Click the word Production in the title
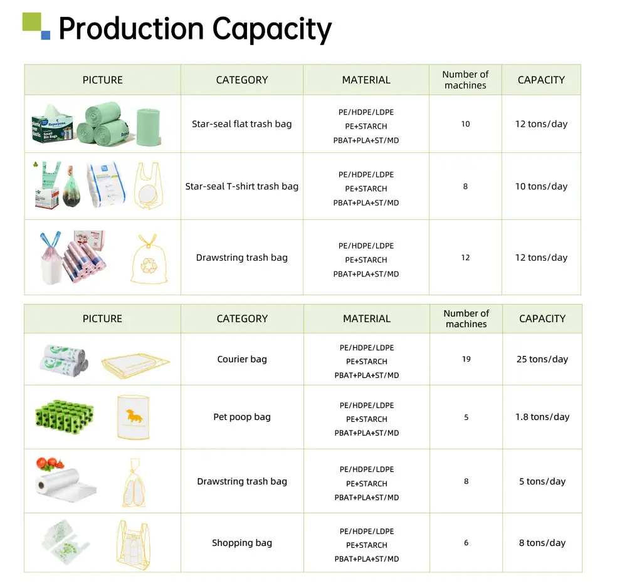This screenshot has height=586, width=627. [131, 29]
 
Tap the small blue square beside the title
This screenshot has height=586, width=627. [46, 36]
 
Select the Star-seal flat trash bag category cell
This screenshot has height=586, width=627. [241, 124]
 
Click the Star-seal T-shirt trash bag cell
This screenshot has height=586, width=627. [241, 186]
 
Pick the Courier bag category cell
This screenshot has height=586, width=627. [241, 359]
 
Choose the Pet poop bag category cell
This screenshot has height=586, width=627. [241, 417]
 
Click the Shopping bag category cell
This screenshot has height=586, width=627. [241, 543]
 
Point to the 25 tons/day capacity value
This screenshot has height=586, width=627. [542, 359]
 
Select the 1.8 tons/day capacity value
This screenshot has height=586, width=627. [542, 417]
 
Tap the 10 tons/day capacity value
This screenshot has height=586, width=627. [541, 186]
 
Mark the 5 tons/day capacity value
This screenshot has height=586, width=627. [542, 481]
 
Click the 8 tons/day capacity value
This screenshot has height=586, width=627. [542, 543]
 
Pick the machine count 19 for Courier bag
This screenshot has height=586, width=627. [466, 359]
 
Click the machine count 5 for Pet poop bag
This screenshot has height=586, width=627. [466, 417]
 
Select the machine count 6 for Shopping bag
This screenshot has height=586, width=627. [466, 543]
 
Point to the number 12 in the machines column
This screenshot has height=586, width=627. [465, 258]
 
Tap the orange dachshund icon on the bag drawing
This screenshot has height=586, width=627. [134, 414]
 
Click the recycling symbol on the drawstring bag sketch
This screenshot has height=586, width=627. [149, 266]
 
